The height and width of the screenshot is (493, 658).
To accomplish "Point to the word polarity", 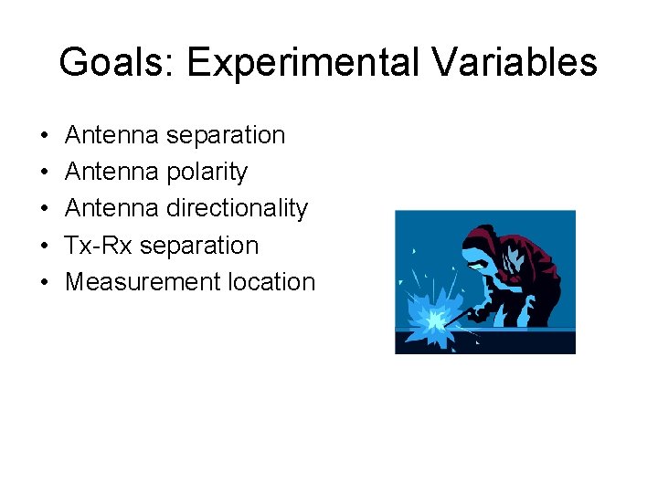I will (207, 172).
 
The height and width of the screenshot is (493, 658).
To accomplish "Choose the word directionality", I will (237, 208).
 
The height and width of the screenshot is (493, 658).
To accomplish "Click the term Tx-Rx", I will (99, 246).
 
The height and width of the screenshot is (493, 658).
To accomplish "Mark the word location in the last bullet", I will (271, 282).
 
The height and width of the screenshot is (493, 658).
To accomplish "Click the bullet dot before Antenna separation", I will (45, 136).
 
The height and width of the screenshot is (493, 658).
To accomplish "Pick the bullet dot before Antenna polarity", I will (45, 173).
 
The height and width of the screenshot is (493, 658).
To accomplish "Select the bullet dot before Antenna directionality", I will (45, 209).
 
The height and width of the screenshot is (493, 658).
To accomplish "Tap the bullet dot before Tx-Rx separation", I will (45, 246).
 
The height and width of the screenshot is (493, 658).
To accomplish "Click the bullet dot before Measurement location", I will (45, 283).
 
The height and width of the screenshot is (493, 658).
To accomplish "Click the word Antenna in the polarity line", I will (111, 172).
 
